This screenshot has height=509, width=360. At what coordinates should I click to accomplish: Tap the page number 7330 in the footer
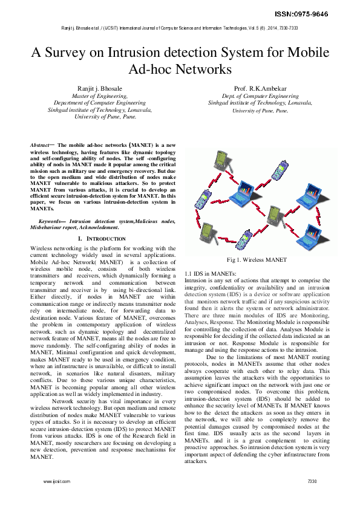pos(312,481)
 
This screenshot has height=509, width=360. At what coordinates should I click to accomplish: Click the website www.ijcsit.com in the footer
pos(57,481)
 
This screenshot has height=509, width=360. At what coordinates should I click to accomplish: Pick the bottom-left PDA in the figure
pos(209,232)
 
